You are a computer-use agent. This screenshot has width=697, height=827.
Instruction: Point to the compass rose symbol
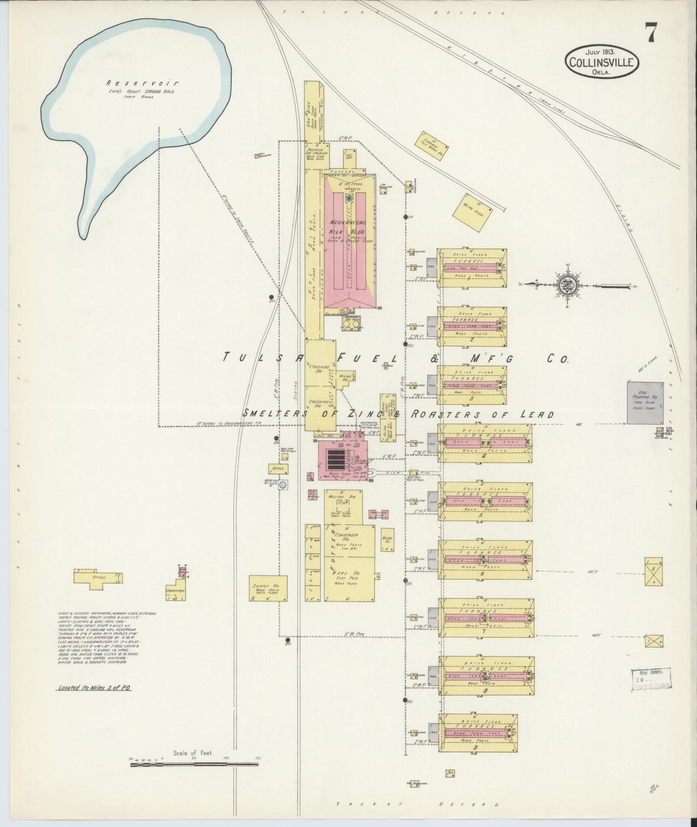(566, 286)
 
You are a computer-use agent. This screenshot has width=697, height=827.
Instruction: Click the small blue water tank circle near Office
(283, 485)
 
